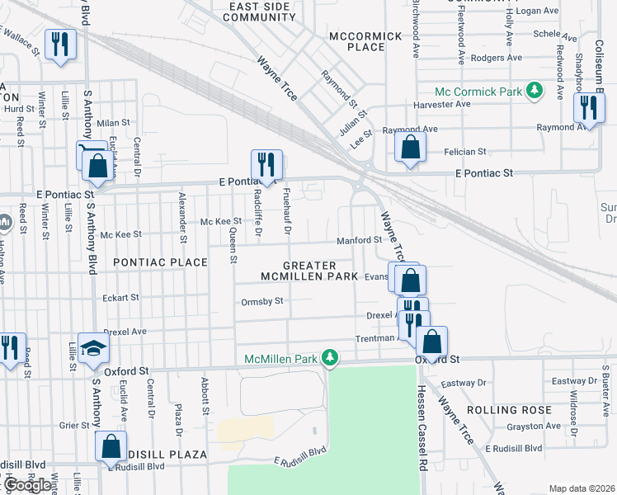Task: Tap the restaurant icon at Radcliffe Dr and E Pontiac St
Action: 266,164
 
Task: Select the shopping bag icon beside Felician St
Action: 410,148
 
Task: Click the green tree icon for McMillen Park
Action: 330,357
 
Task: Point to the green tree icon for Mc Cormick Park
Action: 535,90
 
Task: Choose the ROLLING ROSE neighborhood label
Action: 509,410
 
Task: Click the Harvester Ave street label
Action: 442,104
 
